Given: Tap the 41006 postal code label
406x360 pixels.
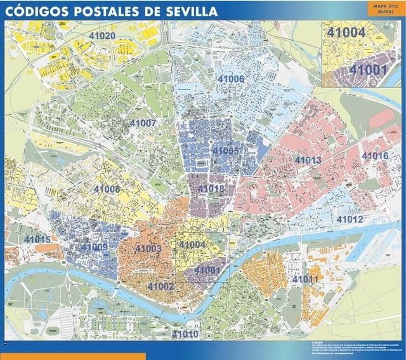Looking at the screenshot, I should point(231,79).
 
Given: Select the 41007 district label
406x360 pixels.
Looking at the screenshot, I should point(143,123).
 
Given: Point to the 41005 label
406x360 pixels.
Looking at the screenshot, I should point(225,150).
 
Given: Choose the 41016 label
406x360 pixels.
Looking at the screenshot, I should point(375,156).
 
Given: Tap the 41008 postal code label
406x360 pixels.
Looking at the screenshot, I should point(107,189).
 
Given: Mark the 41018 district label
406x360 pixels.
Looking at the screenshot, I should point(211,189).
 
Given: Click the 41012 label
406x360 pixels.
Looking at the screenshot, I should point(350,219).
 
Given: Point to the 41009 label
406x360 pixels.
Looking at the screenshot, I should point(95,247).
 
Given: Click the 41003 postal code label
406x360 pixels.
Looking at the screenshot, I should point(148,248).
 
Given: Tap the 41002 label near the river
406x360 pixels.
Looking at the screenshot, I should point(160,286).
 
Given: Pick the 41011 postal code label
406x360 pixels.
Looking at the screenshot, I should point(305,279).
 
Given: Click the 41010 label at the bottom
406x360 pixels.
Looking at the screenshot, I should point(185,334).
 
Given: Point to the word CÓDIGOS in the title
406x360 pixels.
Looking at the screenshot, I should point(39,11).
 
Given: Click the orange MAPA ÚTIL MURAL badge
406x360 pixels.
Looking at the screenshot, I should point(379,8).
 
